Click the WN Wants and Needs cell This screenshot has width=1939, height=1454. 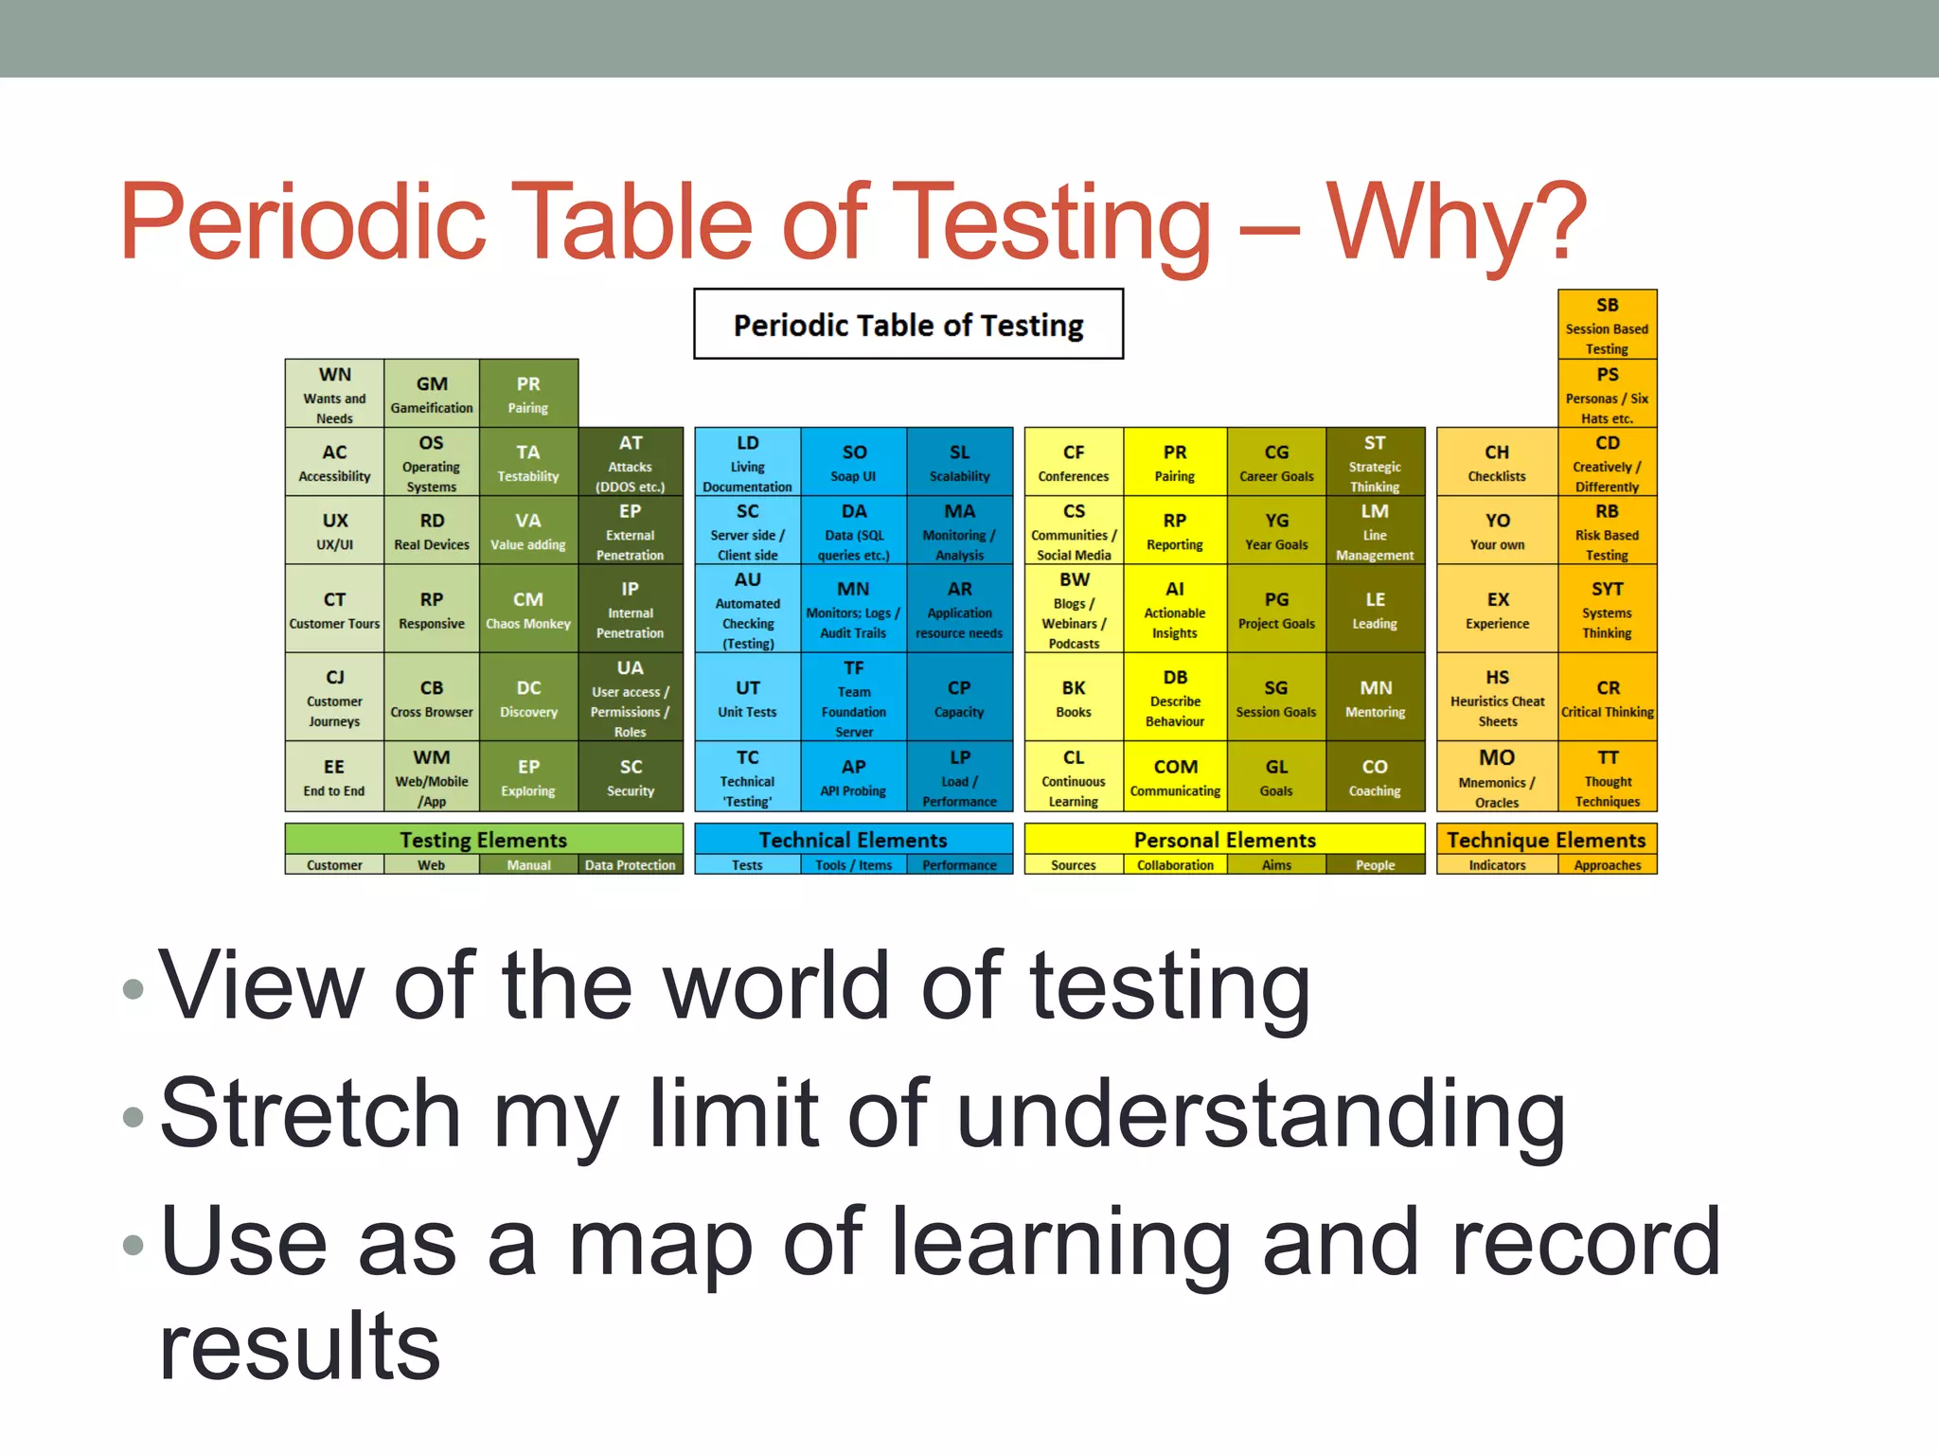tap(334, 394)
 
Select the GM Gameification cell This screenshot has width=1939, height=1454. tap(432, 394)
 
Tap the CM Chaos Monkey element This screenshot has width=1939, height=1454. tap(528, 610)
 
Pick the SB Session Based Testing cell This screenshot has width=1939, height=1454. tap(1607, 325)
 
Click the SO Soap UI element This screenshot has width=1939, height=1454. tap(854, 462)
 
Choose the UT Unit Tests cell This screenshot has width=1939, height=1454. tap(747, 698)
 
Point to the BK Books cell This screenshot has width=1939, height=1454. tap(1074, 698)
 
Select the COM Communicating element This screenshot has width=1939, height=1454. tap(1175, 777)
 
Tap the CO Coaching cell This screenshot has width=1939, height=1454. tap(1375, 777)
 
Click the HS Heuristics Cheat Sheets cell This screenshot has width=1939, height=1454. tap(1497, 698)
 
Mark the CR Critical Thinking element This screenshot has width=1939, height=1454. tap(1608, 698)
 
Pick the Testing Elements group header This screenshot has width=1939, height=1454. tap(483, 840)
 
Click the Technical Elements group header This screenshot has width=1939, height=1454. tap(853, 840)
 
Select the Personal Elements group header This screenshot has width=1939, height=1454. tap(1224, 840)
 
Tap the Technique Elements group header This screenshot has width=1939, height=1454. tap(1546, 840)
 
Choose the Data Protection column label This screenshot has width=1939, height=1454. tap(630, 865)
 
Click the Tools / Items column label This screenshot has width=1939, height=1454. tap(853, 865)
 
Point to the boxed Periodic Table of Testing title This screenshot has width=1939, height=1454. tap(908, 325)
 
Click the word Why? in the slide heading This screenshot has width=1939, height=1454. tap(1456, 222)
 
